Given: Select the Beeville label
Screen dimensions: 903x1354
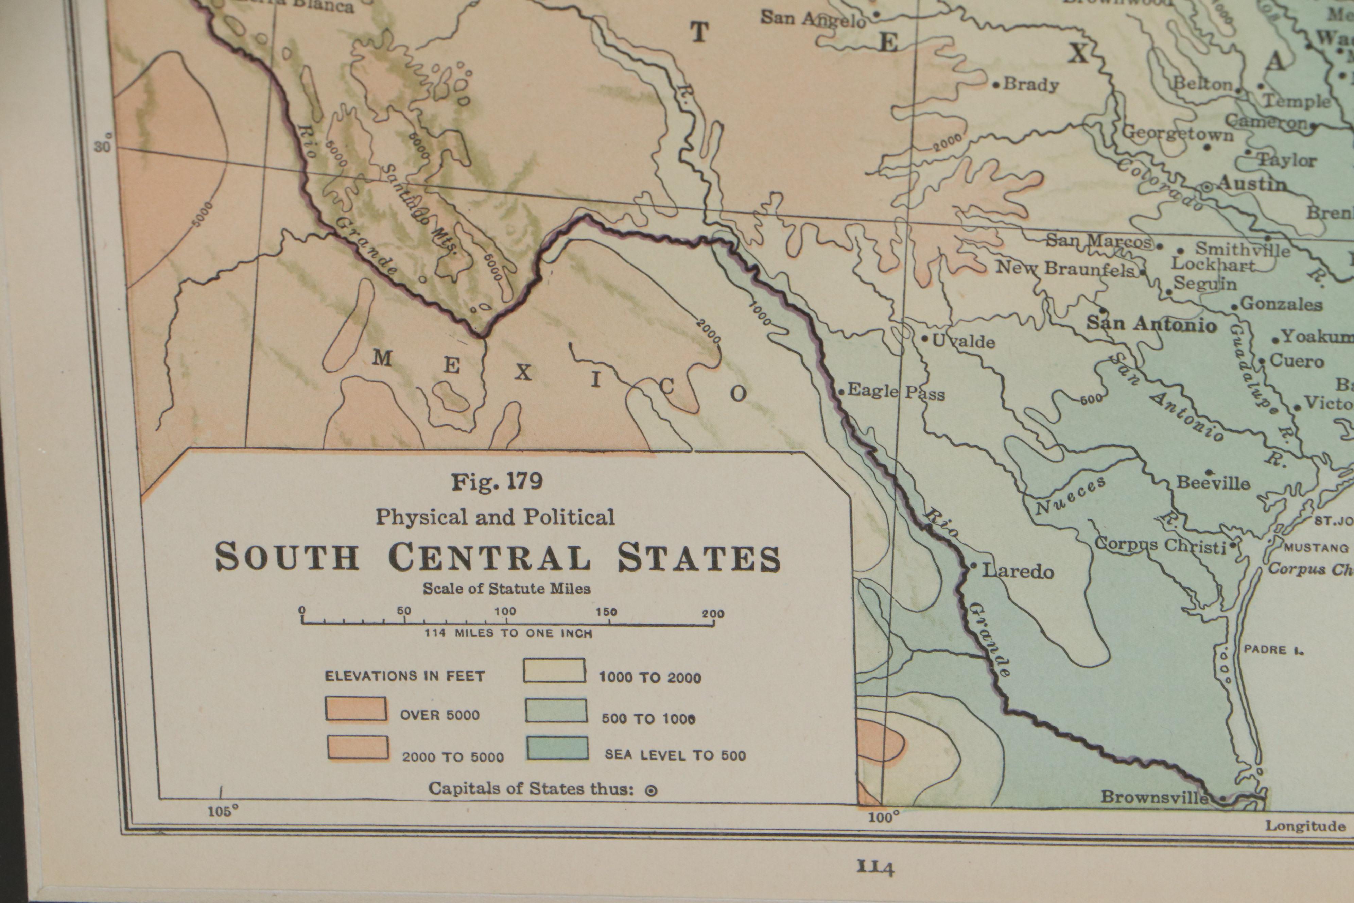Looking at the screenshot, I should coord(1212,482).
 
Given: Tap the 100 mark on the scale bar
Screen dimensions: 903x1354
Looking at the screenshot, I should coord(505,612).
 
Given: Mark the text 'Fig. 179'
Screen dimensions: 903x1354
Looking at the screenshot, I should coord(496,481).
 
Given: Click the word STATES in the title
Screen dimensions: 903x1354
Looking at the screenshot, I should coord(699,558).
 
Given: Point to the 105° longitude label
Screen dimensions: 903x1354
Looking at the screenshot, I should coord(222,812).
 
